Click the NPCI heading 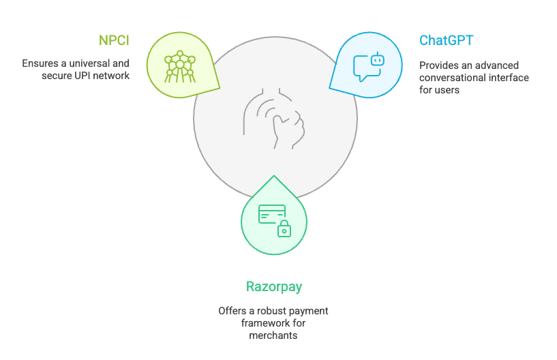[x=114, y=40]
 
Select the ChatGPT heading [x=446, y=40]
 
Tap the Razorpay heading [x=274, y=286]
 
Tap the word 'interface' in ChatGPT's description [x=507, y=77]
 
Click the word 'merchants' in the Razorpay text [x=273, y=335]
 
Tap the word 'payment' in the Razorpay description [x=309, y=310]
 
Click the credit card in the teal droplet [x=270, y=215]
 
